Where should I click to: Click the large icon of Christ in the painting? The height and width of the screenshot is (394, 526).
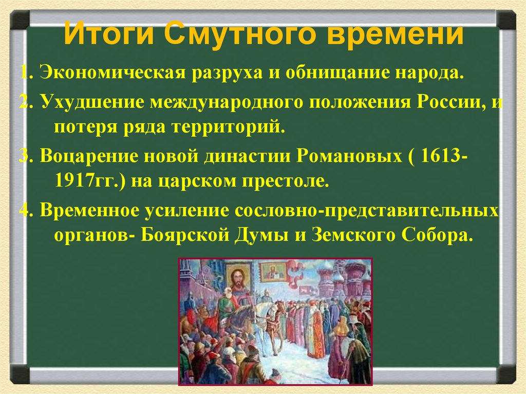(x=236, y=279)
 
